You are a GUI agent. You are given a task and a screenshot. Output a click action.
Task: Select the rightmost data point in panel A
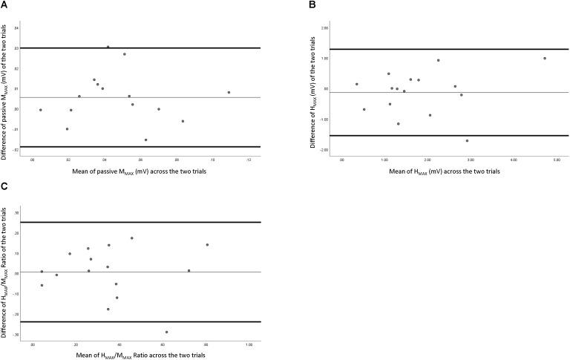[x=229, y=93]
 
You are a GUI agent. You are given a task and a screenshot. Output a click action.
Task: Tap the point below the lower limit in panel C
[x=166, y=332]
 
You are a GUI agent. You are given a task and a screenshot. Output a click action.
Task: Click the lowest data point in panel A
[x=145, y=140]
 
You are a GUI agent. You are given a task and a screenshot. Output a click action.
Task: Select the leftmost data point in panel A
[x=41, y=110]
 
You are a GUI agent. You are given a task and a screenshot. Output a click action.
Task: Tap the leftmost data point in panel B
[x=357, y=85]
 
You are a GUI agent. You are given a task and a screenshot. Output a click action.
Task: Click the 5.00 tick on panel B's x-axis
[x=557, y=159]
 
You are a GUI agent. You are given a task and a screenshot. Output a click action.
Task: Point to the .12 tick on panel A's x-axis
[x=249, y=159]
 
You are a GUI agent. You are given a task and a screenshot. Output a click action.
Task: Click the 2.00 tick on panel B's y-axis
[x=324, y=28]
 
